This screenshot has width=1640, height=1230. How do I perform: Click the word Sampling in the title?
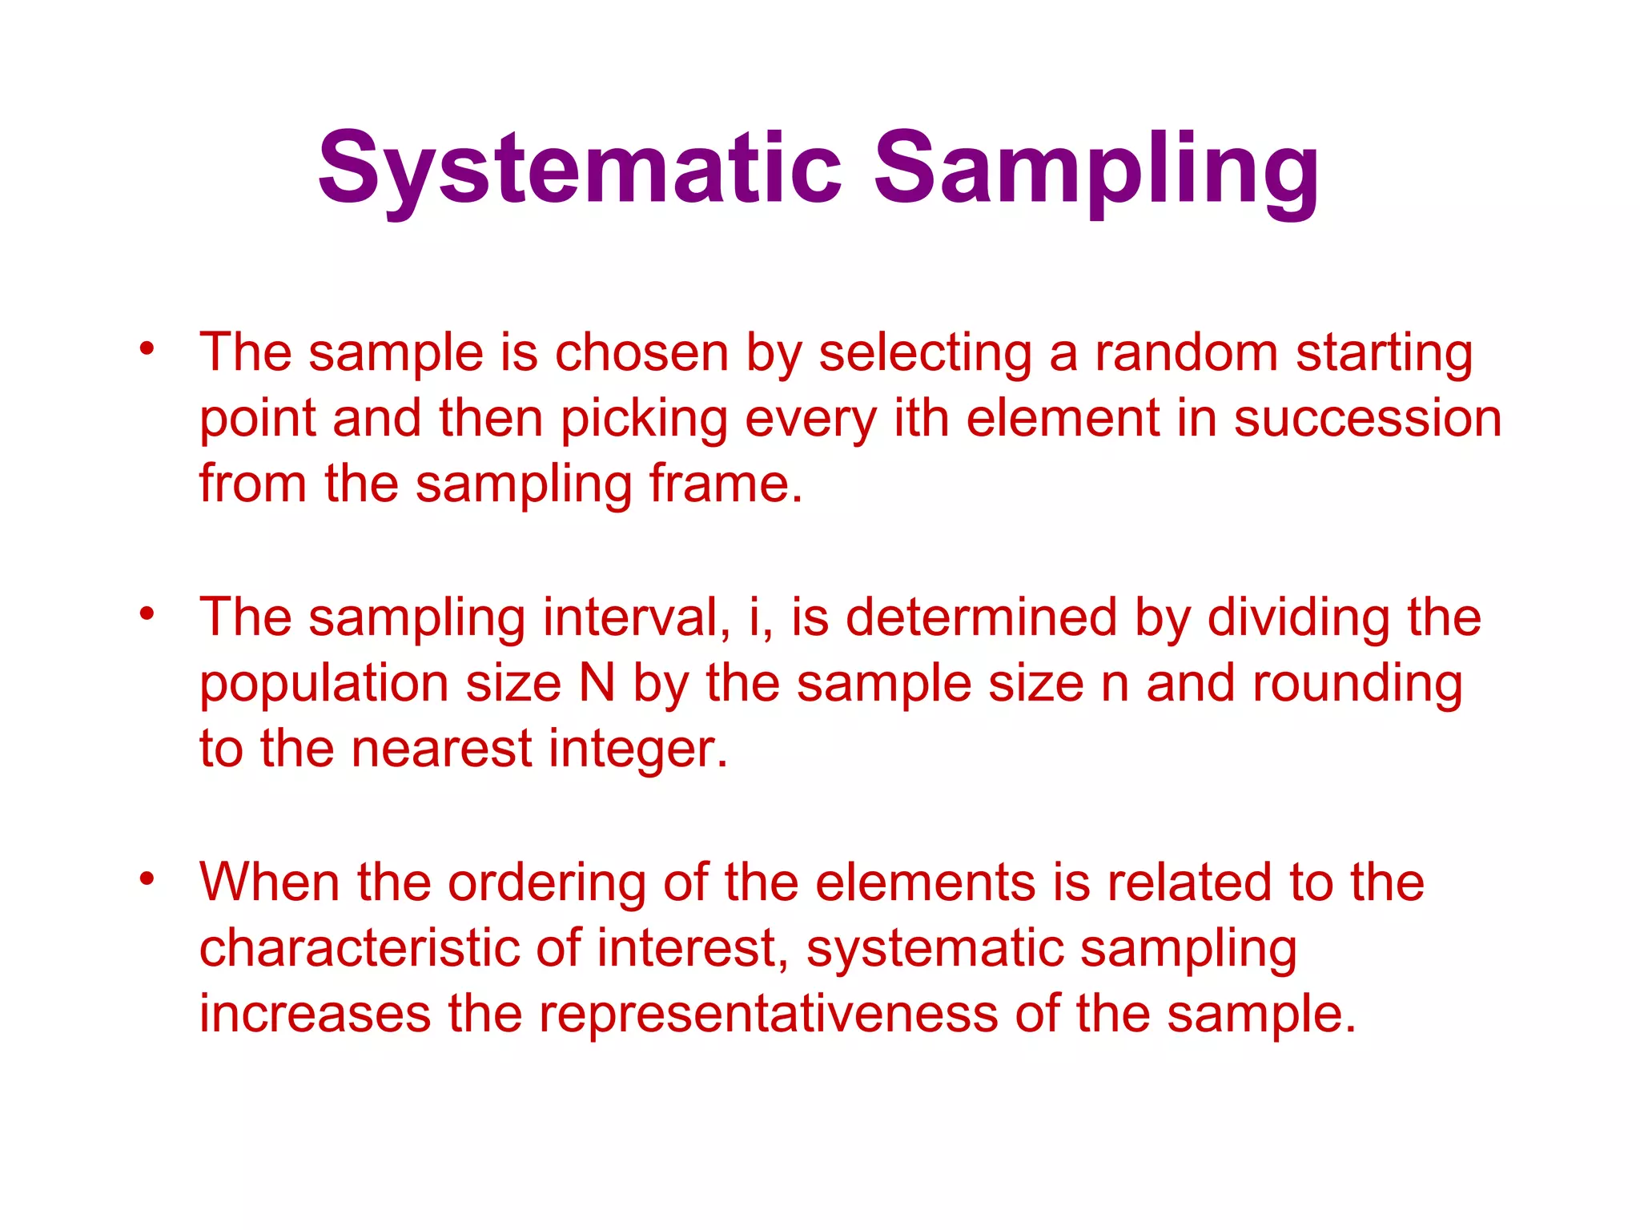[1095, 169]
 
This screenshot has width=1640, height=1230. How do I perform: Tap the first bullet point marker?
[146, 348]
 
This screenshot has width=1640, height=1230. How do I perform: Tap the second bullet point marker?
[146, 614]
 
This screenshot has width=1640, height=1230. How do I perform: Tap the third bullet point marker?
[146, 879]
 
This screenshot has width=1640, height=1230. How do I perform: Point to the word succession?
[1367, 418]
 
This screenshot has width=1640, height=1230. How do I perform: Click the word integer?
[638, 750]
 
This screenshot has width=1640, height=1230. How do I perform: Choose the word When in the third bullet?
[269, 882]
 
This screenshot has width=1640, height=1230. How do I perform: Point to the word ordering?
[546, 884]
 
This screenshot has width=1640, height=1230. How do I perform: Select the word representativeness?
[767, 1014]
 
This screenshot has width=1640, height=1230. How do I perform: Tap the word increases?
[315, 1014]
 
